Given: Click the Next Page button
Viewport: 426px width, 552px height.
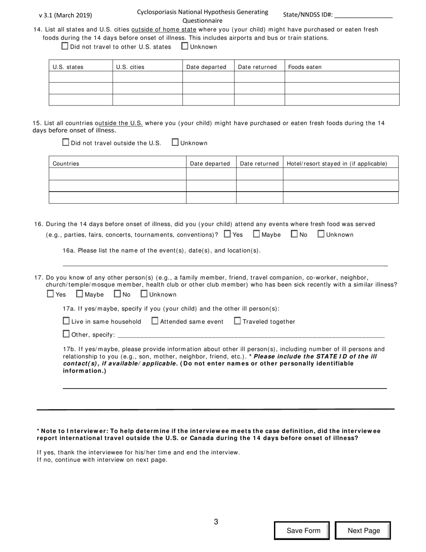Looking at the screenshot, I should coord(363,530).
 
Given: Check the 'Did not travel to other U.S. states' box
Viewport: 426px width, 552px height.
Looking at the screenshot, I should coord(65,46).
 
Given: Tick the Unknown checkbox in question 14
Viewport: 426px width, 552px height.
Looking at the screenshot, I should coord(185,46).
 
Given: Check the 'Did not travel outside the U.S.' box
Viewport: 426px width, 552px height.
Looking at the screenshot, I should coord(66,143).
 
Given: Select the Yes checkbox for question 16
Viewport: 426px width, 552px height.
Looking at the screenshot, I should coord(227,234).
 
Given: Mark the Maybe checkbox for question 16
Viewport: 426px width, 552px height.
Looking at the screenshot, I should coord(257,234).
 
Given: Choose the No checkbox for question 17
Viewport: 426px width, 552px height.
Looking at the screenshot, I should coord(117,294).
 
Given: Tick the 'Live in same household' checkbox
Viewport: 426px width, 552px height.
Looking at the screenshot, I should coord(66,321).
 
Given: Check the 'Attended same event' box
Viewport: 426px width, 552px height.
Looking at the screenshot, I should coord(155,321).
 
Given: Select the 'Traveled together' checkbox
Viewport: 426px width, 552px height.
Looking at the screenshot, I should coord(237,321).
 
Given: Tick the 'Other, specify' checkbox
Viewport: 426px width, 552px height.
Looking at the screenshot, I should coord(66,334).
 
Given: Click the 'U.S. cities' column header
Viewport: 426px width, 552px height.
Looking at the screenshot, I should coord(130,67).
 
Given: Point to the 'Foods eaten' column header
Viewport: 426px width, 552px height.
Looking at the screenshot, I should coord(305,67).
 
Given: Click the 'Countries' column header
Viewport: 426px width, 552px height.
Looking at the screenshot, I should coord(66,164).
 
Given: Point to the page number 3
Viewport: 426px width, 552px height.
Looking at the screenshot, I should coord(216,522).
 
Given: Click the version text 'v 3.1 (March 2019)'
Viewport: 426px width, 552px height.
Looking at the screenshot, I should coord(65,15).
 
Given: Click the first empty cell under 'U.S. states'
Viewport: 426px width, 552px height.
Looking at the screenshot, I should coord(81,77).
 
